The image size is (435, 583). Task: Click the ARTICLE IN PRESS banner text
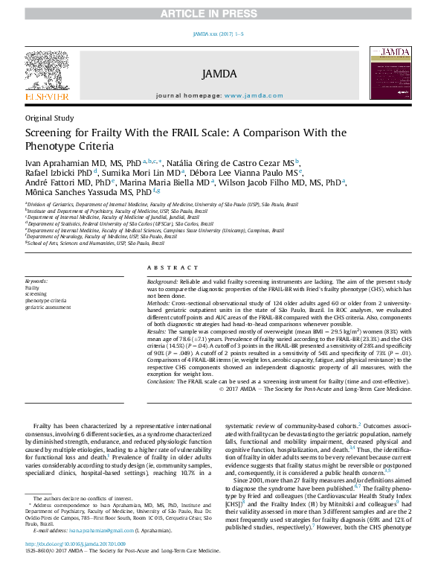218,14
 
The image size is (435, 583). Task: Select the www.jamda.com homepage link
254,96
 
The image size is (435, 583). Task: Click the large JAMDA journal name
218,74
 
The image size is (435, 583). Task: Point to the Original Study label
50,118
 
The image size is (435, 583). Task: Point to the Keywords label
36,281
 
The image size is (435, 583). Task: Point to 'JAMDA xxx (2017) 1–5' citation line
218,34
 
